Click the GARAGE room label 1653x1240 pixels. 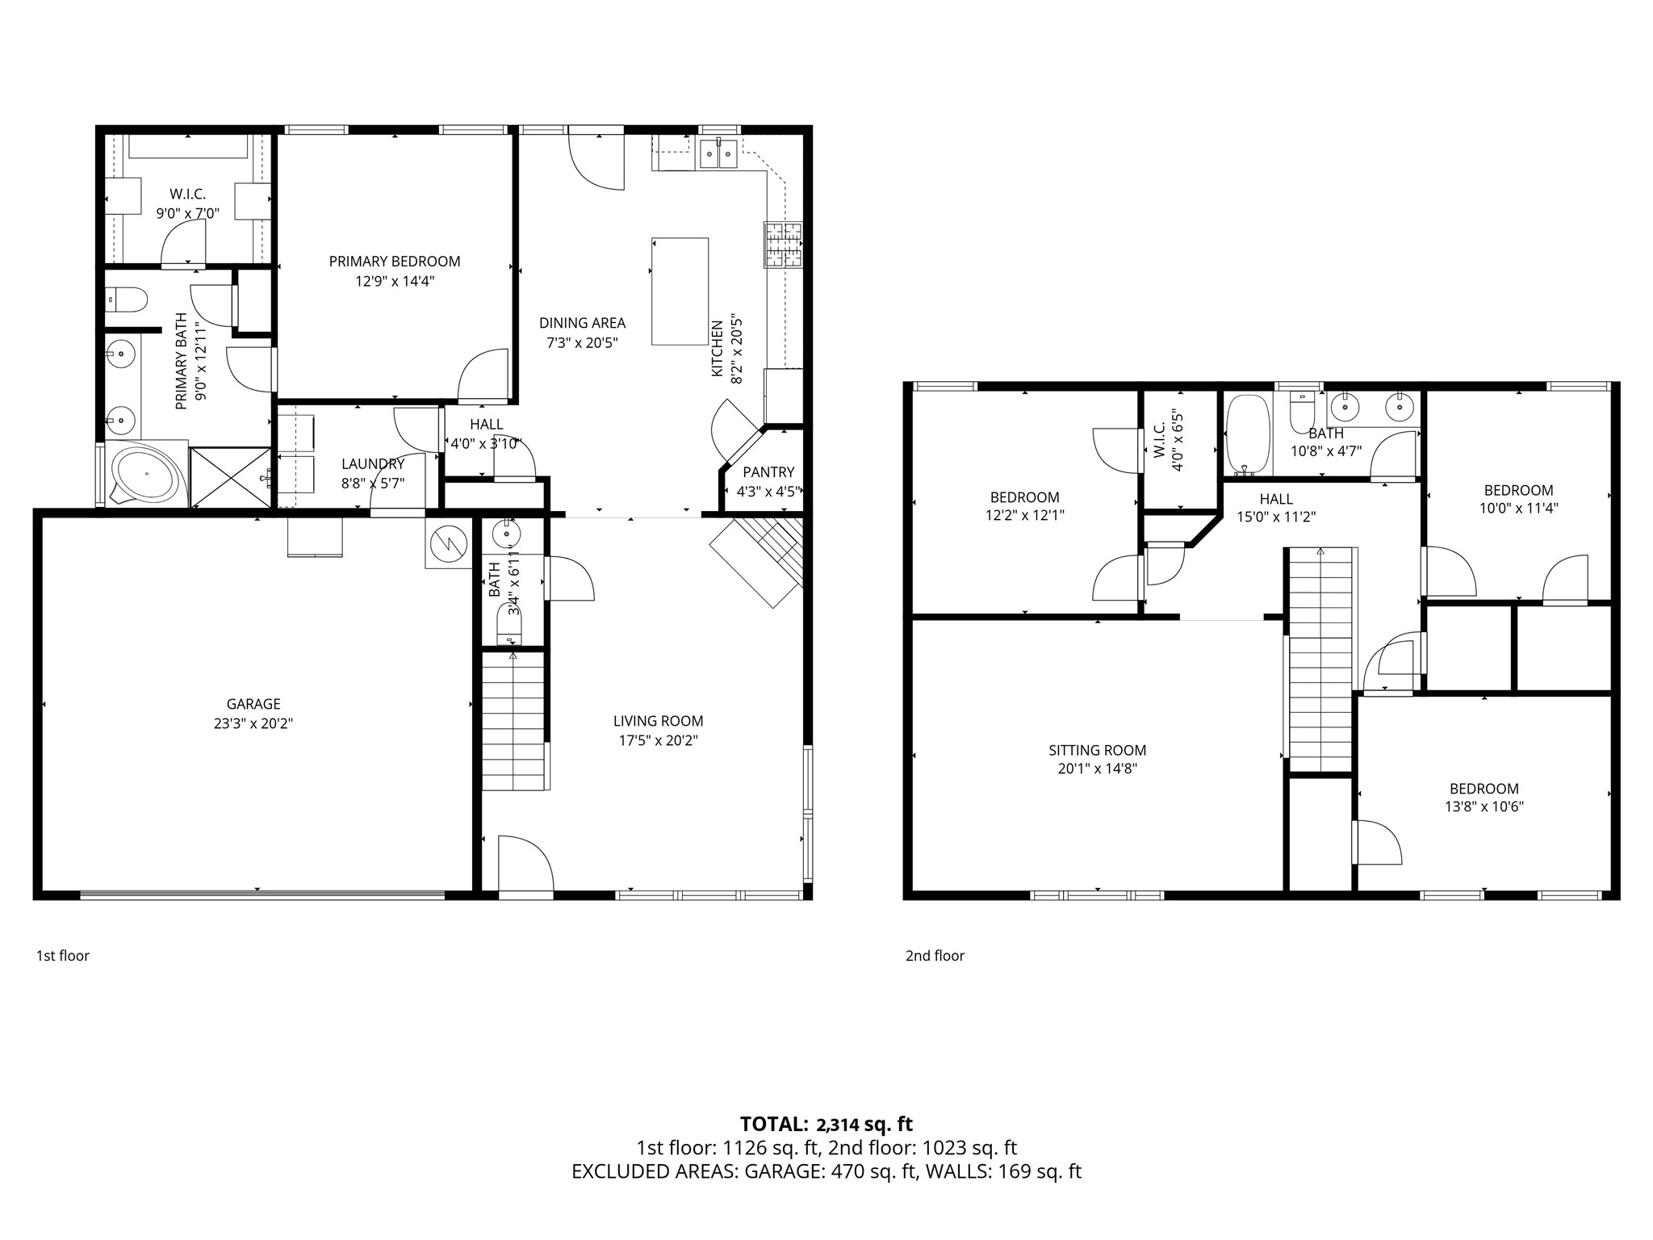click(x=253, y=704)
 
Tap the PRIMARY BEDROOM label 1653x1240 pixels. click(x=395, y=262)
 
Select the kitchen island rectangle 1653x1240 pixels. click(x=680, y=291)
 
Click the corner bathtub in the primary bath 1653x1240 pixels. click(x=145, y=475)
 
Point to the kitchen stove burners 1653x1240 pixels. click(x=783, y=245)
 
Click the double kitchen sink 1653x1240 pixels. click(x=718, y=153)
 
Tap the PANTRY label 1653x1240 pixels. click(x=768, y=472)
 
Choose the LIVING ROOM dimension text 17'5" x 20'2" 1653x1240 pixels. click(x=658, y=740)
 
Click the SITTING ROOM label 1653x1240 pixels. click(x=1098, y=751)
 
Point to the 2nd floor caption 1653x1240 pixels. click(x=935, y=956)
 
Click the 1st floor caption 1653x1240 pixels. click(x=63, y=956)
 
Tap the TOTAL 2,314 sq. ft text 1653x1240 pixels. click(x=826, y=1124)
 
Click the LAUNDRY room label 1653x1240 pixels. click(x=373, y=464)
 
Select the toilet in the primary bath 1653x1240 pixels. click(x=127, y=300)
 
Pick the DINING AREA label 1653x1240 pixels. click(x=583, y=323)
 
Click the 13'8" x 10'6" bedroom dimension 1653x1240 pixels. click(x=1484, y=806)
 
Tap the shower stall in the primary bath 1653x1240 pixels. click(x=231, y=477)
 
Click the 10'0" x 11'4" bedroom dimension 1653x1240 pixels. click(x=1518, y=509)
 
